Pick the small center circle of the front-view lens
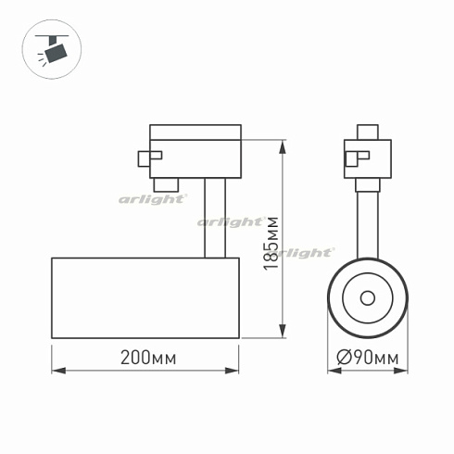368,297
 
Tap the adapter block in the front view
368,158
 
